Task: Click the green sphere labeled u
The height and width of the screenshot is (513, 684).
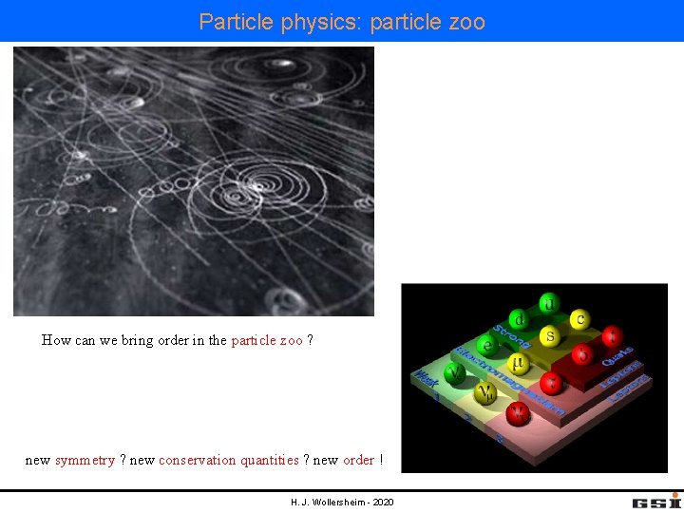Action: pyautogui.click(x=549, y=303)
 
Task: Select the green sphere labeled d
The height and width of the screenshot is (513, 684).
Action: pyautogui.click(x=518, y=319)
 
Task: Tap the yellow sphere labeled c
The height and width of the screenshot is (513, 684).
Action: pyautogui.click(x=577, y=318)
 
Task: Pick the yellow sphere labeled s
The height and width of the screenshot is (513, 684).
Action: pyautogui.click(x=549, y=336)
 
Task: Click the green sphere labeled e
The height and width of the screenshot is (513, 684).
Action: pyautogui.click(x=488, y=345)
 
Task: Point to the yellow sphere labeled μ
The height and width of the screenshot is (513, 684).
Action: pyautogui.click(x=518, y=363)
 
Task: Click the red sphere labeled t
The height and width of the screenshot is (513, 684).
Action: pyautogui.click(x=613, y=335)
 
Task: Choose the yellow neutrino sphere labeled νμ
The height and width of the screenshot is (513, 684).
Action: pyautogui.click(x=486, y=392)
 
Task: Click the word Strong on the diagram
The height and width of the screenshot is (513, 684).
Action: pyautogui.click(x=511, y=336)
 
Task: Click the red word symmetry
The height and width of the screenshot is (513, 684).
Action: pyautogui.click(x=85, y=460)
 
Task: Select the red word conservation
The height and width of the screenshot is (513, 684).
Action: pyautogui.click(x=198, y=460)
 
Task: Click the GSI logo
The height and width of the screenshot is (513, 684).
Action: pyautogui.click(x=656, y=501)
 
